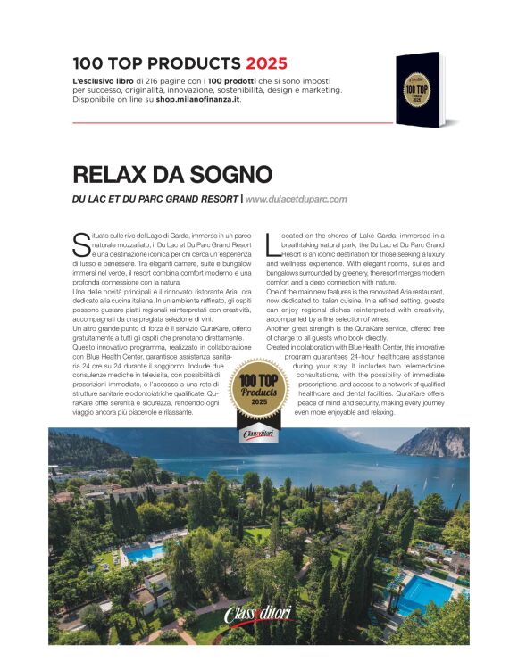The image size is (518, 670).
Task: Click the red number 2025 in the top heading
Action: coord(265,63)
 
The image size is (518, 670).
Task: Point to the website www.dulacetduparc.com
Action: coord(296,199)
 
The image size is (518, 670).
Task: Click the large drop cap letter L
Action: coord(272,241)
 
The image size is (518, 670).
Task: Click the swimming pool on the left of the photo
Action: coord(143,553)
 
